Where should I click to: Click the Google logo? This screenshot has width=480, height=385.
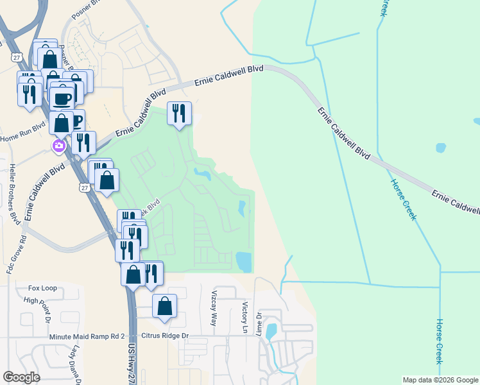[x=21, y=377]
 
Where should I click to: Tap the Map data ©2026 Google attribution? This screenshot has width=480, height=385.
[x=440, y=380]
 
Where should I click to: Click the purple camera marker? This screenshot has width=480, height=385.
[x=58, y=146]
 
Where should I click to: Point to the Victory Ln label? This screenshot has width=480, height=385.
[x=244, y=313]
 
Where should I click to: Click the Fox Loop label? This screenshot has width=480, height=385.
[x=42, y=288]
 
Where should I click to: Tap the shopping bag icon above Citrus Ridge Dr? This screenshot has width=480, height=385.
[x=165, y=306]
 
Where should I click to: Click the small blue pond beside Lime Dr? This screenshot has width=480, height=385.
[x=271, y=331]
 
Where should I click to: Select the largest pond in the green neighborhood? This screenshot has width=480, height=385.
[x=244, y=261]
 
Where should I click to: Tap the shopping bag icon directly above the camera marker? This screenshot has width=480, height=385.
[x=62, y=122]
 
